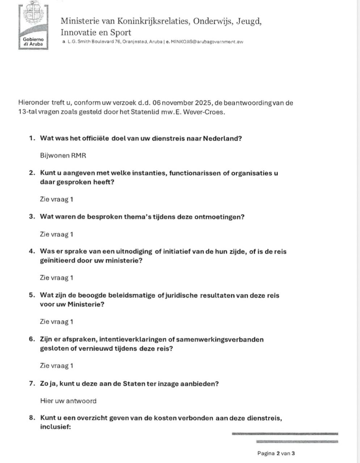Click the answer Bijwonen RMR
(63, 156)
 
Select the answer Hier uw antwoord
(68, 401)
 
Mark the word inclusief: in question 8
(55, 427)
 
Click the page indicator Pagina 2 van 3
(276, 453)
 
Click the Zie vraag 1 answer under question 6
(56, 366)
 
